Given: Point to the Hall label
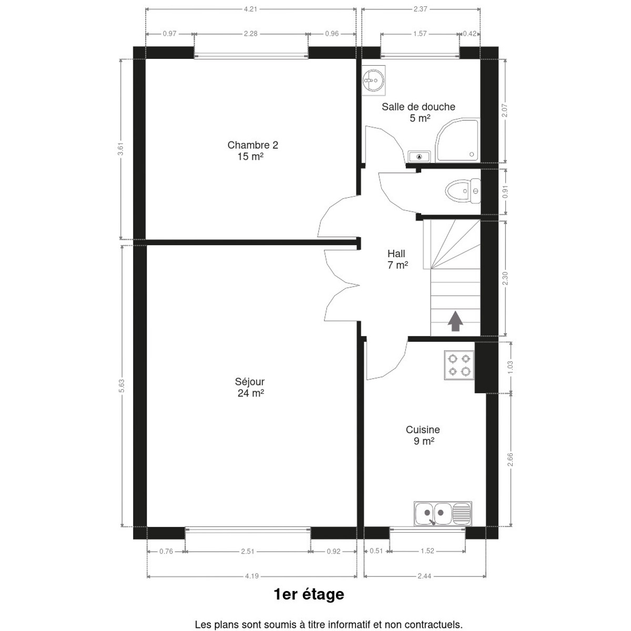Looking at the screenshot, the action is point(396,253).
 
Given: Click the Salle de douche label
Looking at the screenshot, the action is point(419,107).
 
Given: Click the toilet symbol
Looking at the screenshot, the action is point(462,191).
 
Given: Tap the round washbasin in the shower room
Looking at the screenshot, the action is point(373,80).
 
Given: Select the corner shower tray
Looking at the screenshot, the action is point(457,140).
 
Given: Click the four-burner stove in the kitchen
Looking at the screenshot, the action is point(459,365).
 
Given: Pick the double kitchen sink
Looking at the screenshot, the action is point(443,513).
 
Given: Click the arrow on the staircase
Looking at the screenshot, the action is point(455,321).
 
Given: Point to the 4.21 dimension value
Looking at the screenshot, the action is point(250,9).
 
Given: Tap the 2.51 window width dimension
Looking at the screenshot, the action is point(248,552).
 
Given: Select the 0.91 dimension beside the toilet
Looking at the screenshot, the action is point(505,191).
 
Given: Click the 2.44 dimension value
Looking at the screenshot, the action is point(424,576).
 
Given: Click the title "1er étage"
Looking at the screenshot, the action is point(309,594).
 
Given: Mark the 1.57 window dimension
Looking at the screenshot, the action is point(420,34).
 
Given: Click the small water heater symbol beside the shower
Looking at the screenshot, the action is point(419,157).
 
